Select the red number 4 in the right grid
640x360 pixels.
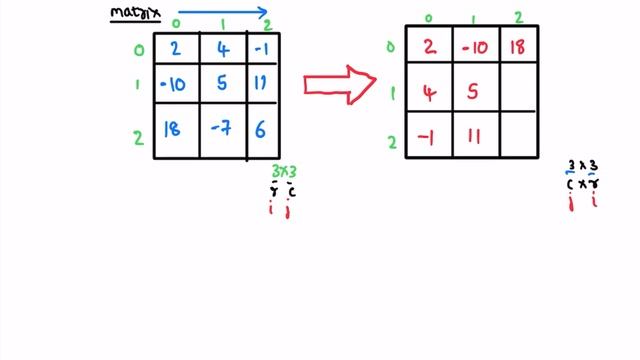coord(429,93)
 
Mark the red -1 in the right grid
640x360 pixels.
coord(427,137)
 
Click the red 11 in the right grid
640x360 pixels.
coord(475,137)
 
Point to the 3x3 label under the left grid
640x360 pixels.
coord(285,172)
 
